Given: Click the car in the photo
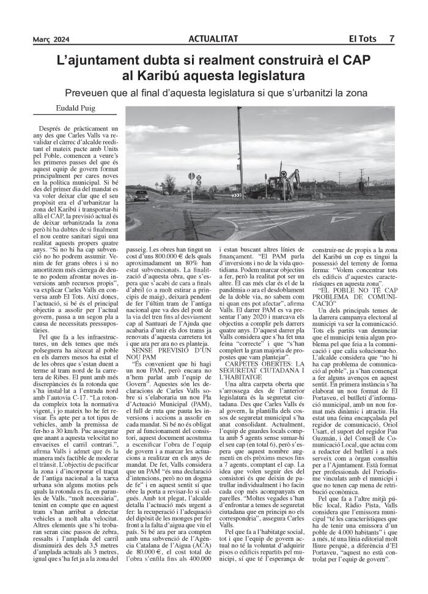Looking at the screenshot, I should tap(141, 196).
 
